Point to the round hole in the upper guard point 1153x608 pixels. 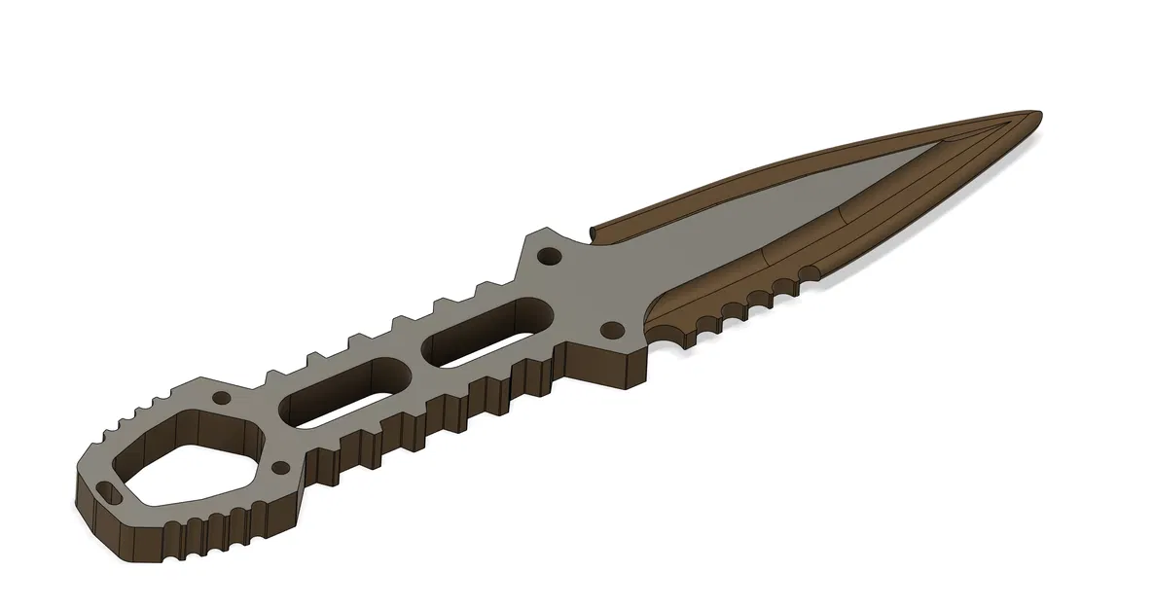(x=550, y=258)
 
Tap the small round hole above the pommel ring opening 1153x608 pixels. (x=223, y=399)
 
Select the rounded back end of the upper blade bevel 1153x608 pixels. (x=595, y=234)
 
